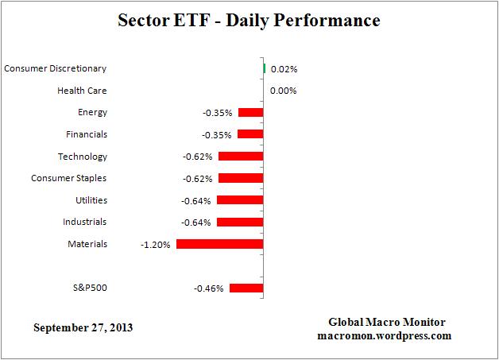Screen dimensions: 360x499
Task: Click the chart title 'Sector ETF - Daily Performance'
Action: (249, 19)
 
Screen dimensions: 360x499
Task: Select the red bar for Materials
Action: (219, 244)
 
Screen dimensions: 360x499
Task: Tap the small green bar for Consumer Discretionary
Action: (264, 69)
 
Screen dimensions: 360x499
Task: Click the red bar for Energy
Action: (249, 113)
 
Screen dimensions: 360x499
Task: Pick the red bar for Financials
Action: (249, 134)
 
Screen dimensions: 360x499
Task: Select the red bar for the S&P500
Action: (246, 288)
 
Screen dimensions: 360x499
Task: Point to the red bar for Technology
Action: (240, 157)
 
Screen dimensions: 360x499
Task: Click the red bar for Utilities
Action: (239, 200)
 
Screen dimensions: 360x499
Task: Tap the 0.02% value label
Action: (283, 69)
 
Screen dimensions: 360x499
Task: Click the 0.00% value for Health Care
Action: (283, 91)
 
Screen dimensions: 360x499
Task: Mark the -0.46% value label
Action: (210, 288)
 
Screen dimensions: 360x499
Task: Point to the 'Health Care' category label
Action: (82, 91)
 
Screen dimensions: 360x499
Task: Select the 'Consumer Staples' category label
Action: (68, 178)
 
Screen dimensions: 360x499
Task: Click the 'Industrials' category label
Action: (84, 222)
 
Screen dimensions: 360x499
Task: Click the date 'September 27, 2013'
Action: (83, 327)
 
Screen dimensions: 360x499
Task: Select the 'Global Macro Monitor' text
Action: (387, 322)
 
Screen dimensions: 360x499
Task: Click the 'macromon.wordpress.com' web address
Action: (387, 335)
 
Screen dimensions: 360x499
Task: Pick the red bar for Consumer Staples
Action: (240, 178)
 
